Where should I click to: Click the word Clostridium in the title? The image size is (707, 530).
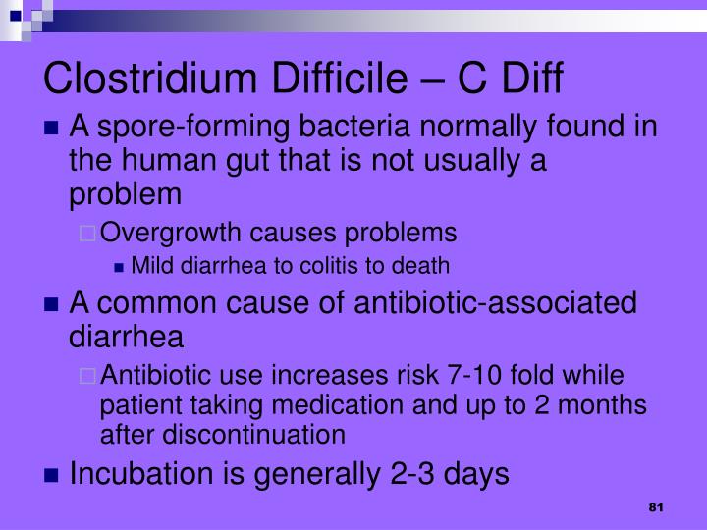tap(149, 78)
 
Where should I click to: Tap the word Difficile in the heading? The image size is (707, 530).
tap(339, 78)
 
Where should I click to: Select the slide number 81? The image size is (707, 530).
tap(656, 507)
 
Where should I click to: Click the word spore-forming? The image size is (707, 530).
tap(193, 127)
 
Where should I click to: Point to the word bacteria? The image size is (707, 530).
tap(354, 127)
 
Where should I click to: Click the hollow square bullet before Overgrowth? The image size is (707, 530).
tap(87, 234)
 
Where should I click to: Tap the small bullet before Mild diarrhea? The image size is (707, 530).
tap(119, 268)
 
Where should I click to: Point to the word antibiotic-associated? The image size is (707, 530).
tap(495, 302)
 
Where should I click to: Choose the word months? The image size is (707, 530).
tap(602, 404)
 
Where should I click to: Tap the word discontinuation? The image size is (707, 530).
tap(254, 435)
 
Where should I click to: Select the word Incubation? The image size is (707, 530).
tap(140, 474)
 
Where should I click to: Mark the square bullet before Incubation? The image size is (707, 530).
tap(52, 475)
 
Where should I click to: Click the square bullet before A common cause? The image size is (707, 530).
tap(52, 304)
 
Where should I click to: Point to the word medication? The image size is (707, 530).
tap(338, 404)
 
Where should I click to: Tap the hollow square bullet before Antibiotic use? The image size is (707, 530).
tap(87, 376)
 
